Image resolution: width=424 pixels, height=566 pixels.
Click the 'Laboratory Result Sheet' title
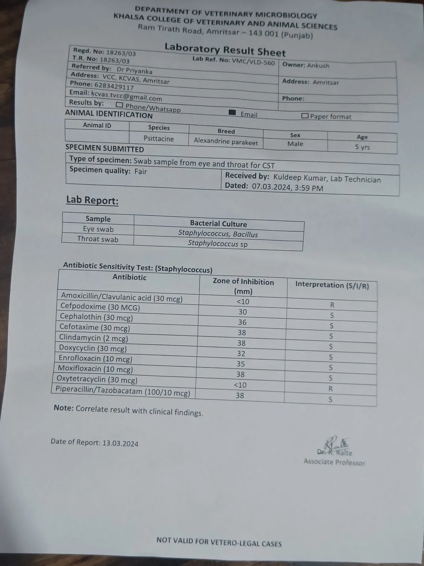[x=225, y=50]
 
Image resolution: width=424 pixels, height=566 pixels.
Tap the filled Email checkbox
[x=232, y=112]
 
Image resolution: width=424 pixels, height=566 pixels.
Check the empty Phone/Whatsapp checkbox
[x=119, y=105]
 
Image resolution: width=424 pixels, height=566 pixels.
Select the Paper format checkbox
[x=305, y=116]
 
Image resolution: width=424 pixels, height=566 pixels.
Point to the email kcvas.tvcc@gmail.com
[x=126, y=96]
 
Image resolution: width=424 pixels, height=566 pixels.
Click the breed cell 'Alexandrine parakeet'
[x=226, y=142]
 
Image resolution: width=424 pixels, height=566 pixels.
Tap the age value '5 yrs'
[x=362, y=147]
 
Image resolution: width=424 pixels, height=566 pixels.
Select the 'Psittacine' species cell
[x=159, y=139]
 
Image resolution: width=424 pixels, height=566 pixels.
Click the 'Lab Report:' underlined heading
[x=92, y=200]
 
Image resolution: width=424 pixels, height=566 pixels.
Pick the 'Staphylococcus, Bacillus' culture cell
[x=218, y=233]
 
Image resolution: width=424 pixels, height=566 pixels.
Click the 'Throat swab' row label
[x=98, y=239]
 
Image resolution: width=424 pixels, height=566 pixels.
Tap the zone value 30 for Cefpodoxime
[x=242, y=312]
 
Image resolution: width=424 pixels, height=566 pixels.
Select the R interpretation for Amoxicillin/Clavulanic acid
[x=332, y=305]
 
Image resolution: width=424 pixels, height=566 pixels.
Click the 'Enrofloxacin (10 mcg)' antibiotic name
[x=95, y=359]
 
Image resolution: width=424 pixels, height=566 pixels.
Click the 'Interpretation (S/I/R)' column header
[x=332, y=285]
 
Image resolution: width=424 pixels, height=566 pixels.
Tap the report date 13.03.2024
[x=120, y=443]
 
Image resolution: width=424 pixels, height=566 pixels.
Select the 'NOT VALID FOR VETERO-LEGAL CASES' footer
[x=219, y=541]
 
